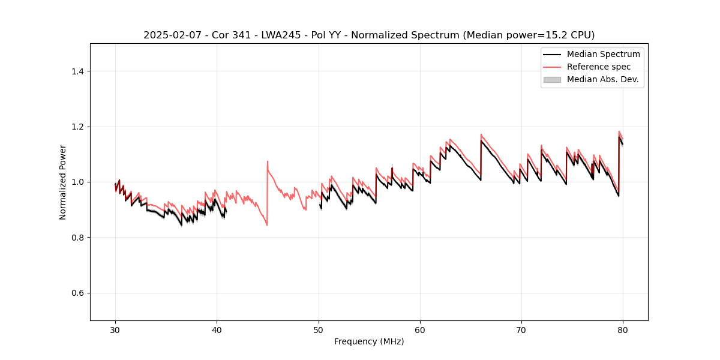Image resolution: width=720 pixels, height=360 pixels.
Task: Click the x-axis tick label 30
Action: click(x=115, y=329)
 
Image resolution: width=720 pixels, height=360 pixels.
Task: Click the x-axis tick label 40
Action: click(x=217, y=329)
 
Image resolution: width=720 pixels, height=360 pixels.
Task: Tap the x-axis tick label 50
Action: click(x=319, y=329)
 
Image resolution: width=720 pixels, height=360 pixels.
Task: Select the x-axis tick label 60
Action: click(x=420, y=329)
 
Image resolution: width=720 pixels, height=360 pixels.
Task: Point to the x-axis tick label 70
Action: click(x=521, y=329)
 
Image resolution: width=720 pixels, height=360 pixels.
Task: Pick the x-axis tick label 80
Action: click(x=623, y=329)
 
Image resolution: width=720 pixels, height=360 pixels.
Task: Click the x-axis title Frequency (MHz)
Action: click(x=369, y=341)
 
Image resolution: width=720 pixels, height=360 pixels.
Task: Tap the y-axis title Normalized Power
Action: click(x=63, y=182)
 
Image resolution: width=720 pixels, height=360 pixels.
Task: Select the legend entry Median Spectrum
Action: click(x=603, y=54)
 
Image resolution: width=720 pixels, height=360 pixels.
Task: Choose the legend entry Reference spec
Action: click(x=599, y=67)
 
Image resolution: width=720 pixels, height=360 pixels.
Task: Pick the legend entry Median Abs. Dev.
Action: click(x=602, y=79)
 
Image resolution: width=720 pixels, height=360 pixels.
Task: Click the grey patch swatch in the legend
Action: click(x=552, y=79)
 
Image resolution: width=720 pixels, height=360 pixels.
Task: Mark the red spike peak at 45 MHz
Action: click(x=268, y=161)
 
